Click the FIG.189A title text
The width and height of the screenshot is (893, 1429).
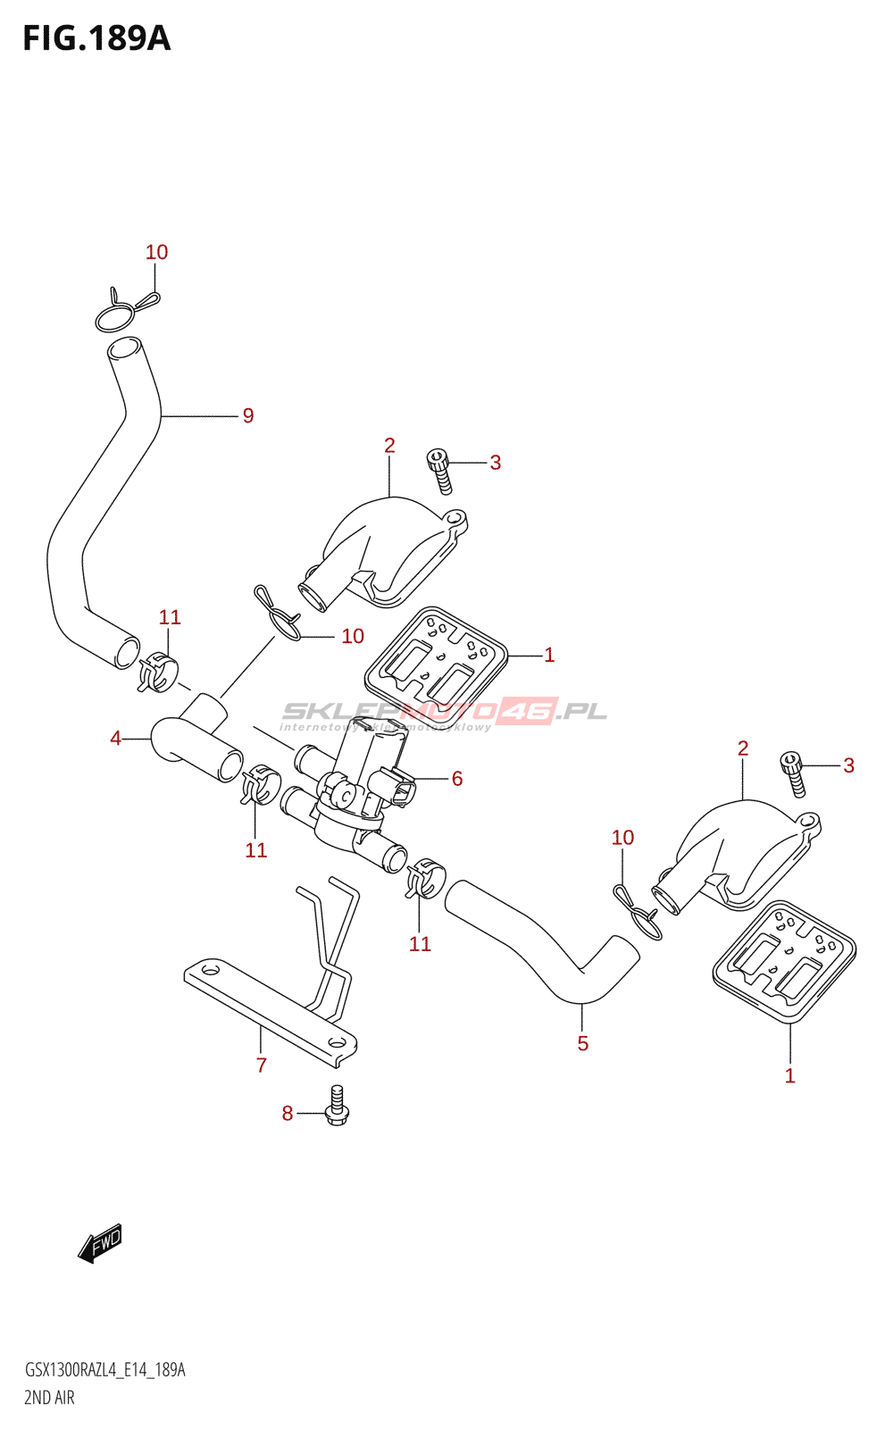point(96,38)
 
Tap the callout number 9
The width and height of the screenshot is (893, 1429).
point(248,415)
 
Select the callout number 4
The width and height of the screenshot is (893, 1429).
point(116,739)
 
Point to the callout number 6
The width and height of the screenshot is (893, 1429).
point(457,779)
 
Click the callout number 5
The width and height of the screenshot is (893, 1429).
point(582,1043)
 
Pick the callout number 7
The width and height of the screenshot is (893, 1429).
point(262,1065)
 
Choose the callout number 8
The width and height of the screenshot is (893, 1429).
point(288,1113)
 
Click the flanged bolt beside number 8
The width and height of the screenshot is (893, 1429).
point(337,1106)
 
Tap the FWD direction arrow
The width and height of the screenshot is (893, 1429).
point(99,1243)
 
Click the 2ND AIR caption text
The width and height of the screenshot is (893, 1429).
point(50,1398)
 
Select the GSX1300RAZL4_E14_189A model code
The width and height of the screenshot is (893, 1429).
point(105,1370)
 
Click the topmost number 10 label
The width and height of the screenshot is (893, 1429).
point(157,253)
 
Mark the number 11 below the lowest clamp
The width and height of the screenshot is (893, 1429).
point(420,944)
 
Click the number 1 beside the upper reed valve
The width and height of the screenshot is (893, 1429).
point(549,655)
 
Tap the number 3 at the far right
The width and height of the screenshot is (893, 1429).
point(848,765)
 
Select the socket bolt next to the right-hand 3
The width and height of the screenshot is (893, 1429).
point(793,773)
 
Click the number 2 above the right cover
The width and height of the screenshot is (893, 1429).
point(743,748)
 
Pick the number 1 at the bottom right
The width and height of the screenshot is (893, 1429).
point(789,1076)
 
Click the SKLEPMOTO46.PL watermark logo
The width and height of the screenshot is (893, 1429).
point(445,713)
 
